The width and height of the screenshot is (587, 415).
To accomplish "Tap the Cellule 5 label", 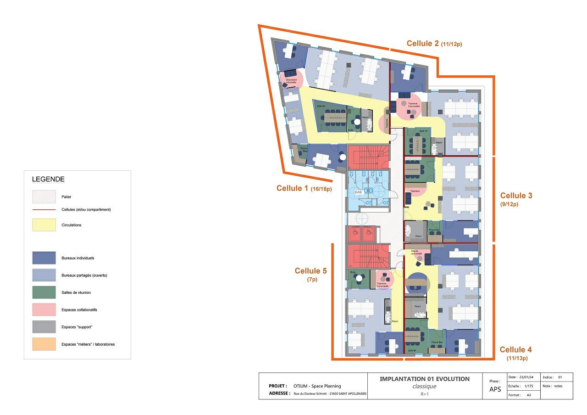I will (x=310, y=271).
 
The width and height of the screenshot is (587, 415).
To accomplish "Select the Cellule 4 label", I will (x=516, y=350).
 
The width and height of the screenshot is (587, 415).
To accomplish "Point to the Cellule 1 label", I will (x=292, y=188).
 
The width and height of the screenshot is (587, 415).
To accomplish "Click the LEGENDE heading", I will (x=48, y=179).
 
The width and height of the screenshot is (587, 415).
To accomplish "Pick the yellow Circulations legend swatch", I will (x=44, y=225).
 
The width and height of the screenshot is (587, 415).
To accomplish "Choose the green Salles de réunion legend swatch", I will (x=44, y=292).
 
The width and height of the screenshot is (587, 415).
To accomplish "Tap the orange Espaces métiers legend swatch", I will (x=44, y=344).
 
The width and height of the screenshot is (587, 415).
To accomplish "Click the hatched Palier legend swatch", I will (x=44, y=196).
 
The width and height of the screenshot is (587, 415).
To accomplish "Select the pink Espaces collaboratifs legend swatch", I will (x=44, y=310).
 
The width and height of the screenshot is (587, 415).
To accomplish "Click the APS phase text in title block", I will (x=494, y=390).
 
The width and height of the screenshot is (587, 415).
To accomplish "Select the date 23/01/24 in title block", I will (x=527, y=377).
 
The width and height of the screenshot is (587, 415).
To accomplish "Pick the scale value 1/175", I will (x=529, y=386).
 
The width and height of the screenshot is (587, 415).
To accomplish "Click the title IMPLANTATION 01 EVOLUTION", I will (x=425, y=379).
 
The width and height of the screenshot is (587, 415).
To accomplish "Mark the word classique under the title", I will (x=424, y=386).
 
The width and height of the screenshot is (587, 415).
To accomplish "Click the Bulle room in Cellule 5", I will (x=356, y=278).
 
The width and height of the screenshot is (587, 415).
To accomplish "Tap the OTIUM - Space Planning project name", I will (x=317, y=386).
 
